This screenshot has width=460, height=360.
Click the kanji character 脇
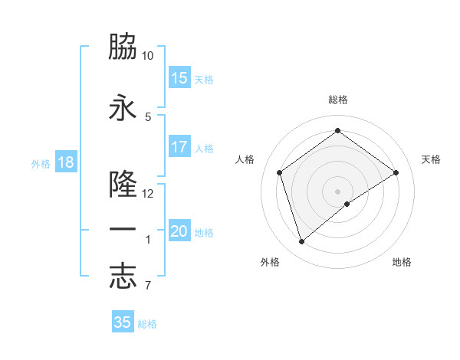123,47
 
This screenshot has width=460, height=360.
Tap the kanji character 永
123,108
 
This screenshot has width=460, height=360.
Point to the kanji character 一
123,231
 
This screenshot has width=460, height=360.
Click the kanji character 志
123,277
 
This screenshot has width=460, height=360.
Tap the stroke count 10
148,56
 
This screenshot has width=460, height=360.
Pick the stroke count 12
148,193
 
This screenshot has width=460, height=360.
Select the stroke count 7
147,286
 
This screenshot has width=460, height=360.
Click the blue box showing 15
179,78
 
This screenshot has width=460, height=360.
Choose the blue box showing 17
179,147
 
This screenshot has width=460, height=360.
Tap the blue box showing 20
179,231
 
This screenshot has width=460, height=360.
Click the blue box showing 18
65,162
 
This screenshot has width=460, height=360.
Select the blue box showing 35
123,322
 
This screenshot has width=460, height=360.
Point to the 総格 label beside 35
147,324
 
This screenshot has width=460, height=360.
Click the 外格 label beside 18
41,163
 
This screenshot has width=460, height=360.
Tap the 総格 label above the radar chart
337,100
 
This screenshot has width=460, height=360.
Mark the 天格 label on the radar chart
431,159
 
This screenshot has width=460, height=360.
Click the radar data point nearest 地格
347,204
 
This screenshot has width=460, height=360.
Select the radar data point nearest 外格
301,242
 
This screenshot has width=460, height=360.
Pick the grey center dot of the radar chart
337,190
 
